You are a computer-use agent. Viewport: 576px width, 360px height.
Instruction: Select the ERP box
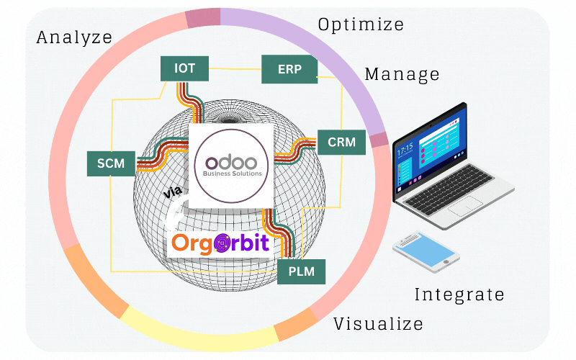288,69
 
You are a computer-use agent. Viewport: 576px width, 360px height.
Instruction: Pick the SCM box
110,163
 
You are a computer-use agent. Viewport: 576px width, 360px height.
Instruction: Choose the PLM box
302,272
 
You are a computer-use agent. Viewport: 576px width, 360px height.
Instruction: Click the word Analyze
74,37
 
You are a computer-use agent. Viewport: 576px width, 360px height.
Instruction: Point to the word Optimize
361,24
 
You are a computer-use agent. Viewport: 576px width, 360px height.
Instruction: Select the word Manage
402,73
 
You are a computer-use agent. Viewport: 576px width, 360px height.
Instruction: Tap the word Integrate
459,294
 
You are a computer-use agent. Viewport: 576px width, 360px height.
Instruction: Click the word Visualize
378,324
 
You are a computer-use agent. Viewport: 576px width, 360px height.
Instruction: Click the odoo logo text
231,160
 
